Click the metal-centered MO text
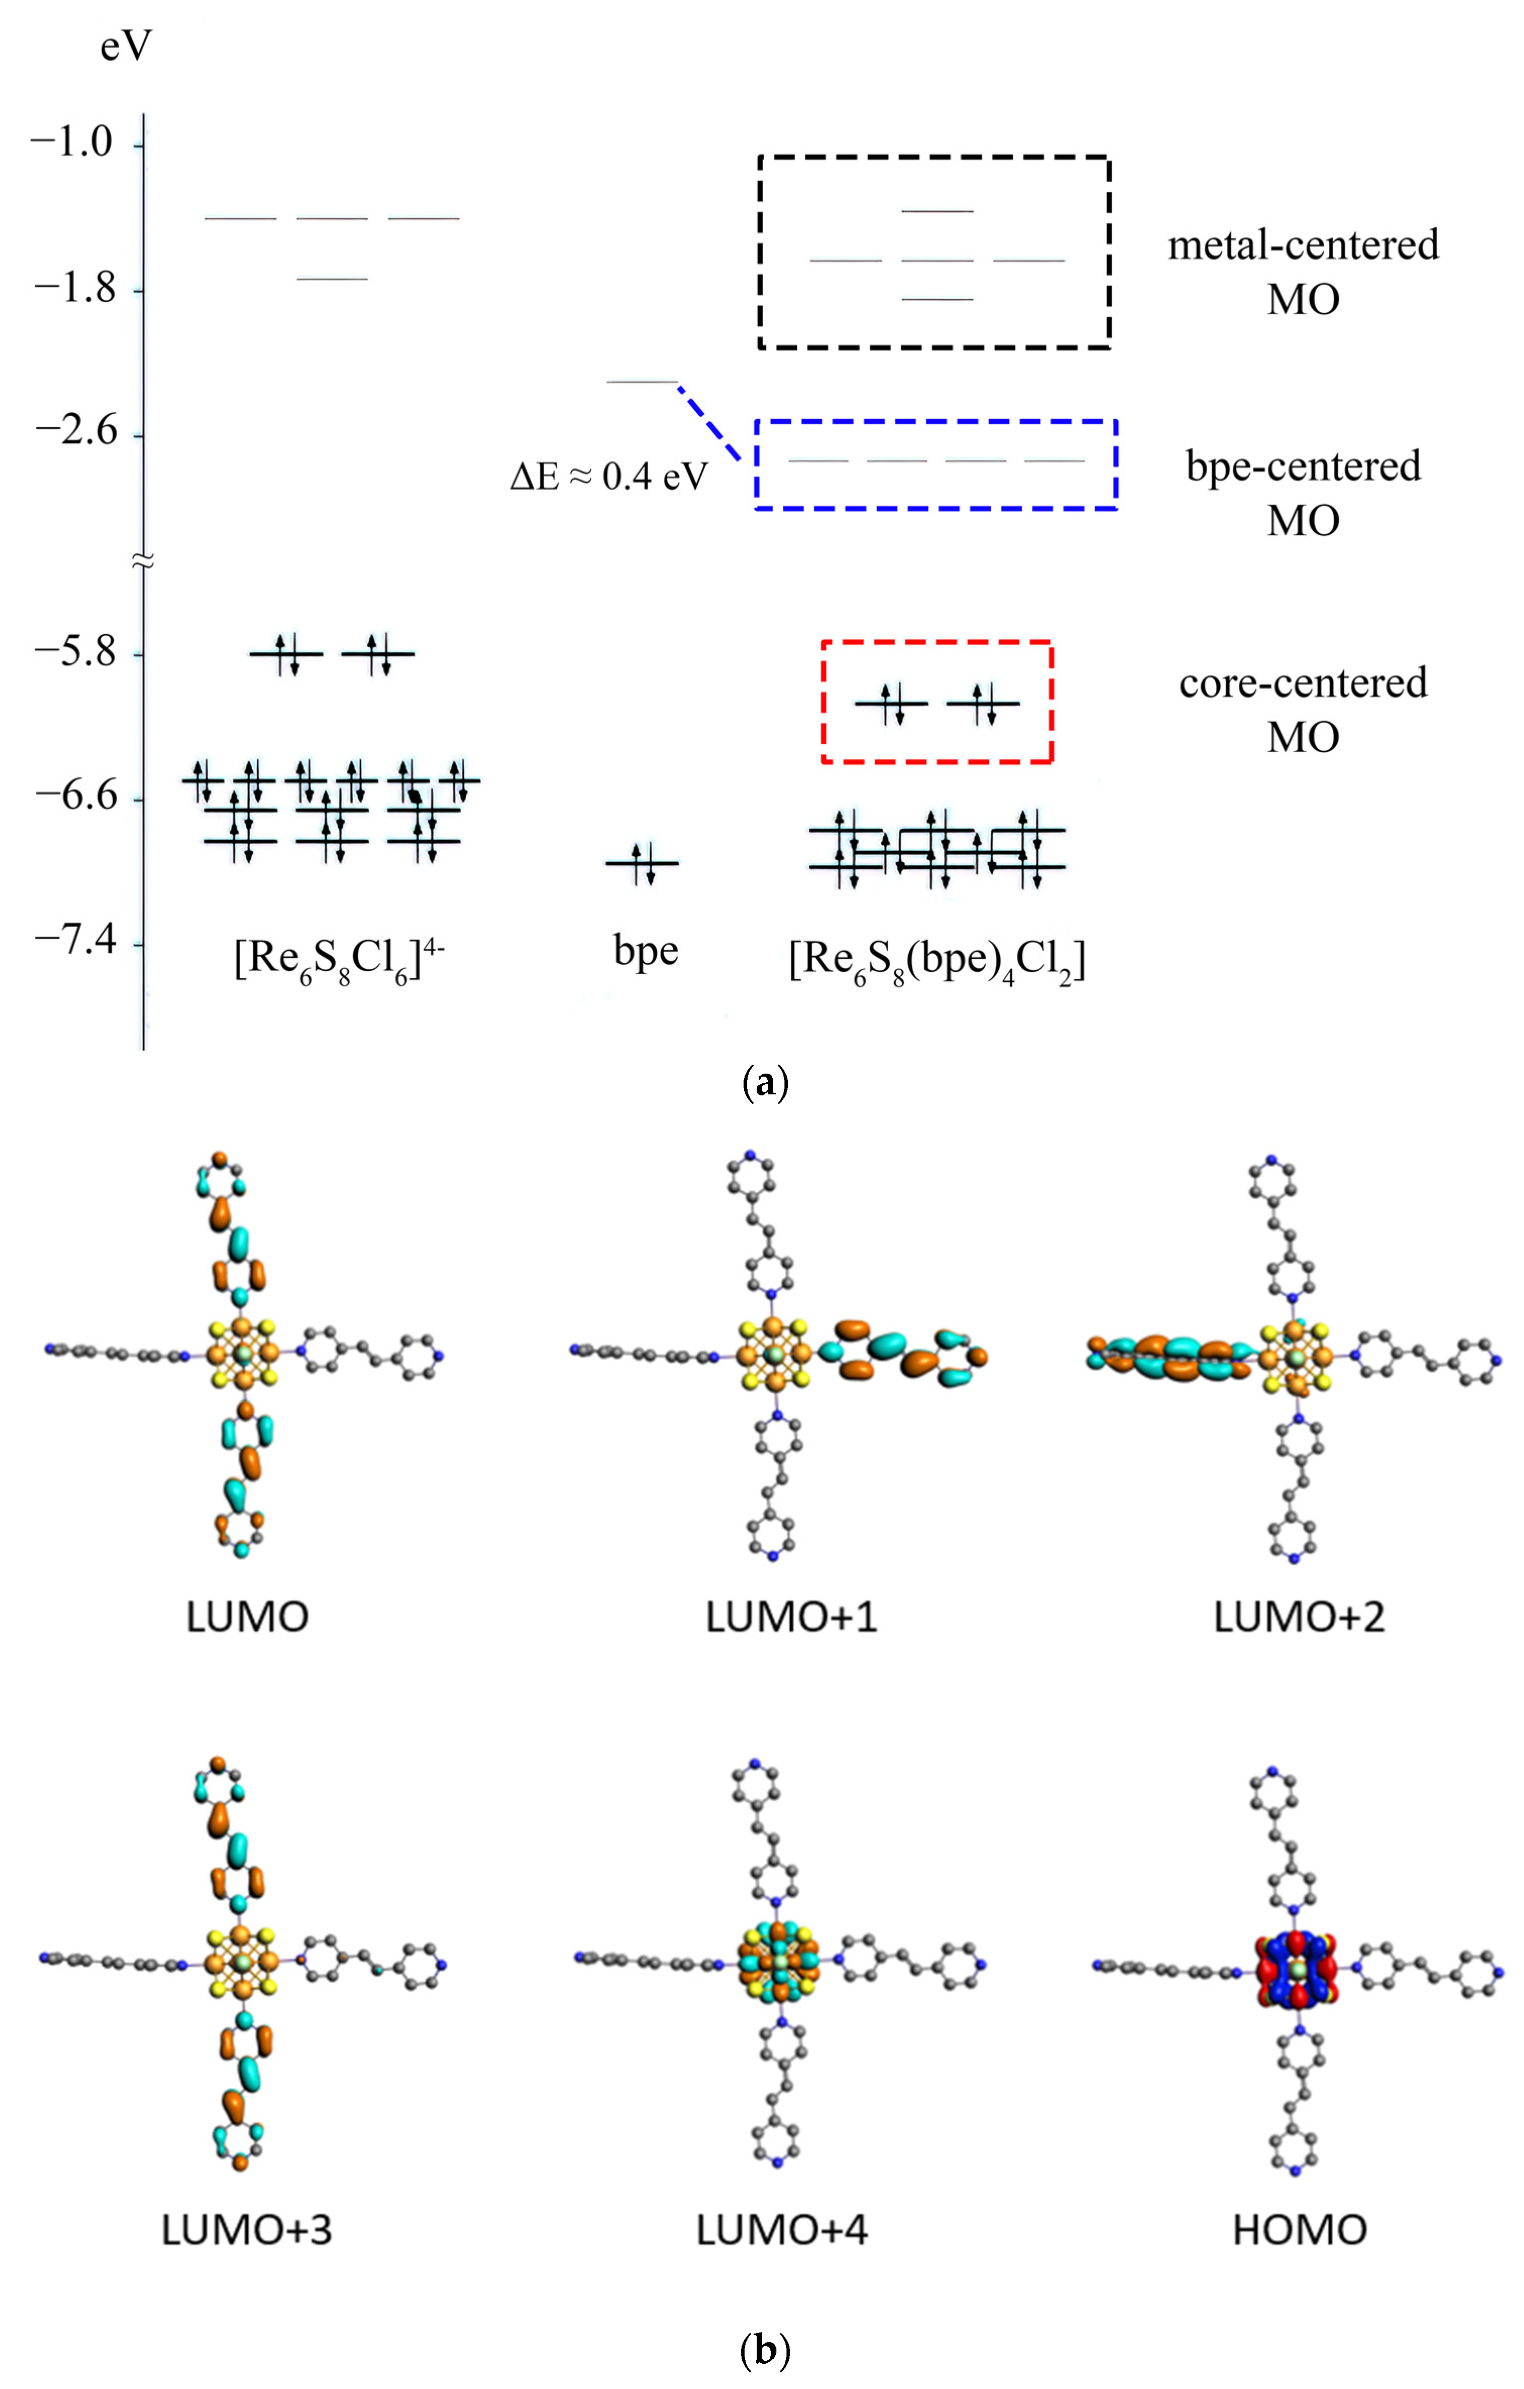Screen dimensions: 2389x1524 (x=1303, y=271)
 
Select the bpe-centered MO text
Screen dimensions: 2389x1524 (x=1303, y=492)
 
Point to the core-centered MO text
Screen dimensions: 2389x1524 (x=1303, y=709)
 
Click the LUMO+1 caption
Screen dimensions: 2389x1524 (x=791, y=1617)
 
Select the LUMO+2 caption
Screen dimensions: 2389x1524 (x=1299, y=1617)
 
